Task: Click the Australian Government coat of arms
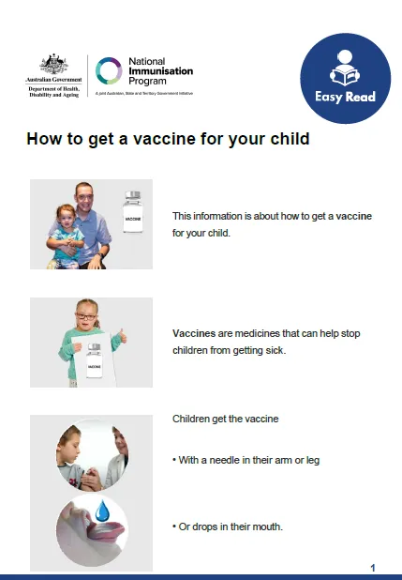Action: pyautogui.click(x=47, y=64)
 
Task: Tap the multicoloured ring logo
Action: pyautogui.click(x=109, y=72)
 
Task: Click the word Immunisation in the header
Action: pyautogui.click(x=156, y=71)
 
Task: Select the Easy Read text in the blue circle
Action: pyautogui.click(x=345, y=96)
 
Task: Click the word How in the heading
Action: pyautogui.click(x=43, y=140)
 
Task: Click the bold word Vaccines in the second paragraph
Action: pyautogui.click(x=194, y=333)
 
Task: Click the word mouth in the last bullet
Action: pyautogui.click(x=264, y=527)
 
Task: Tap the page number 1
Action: pyautogui.click(x=373, y=568)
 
